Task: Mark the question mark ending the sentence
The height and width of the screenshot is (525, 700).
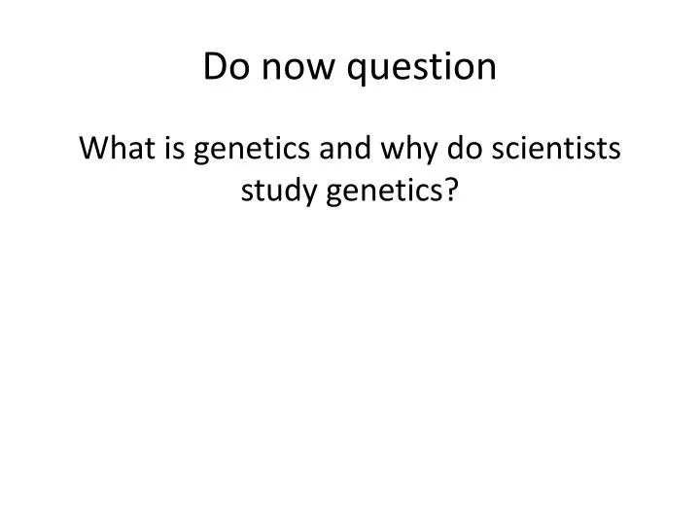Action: coord(453,192)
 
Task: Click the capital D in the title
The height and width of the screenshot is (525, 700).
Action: coord(215,67)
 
